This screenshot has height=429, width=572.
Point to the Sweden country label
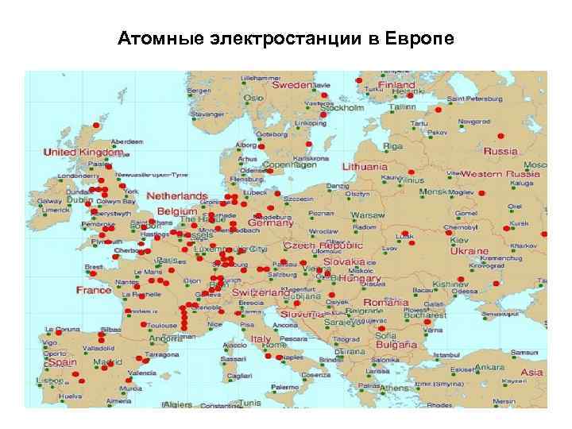(x=292, y=84)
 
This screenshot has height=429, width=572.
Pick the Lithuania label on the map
(x=365, y=167)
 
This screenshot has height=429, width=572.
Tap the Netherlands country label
(x=176, y=195)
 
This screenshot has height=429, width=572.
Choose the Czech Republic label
(x=317, y=247)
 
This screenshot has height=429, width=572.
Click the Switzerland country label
(x=261, y=292)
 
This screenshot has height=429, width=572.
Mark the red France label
(x=94, y=290)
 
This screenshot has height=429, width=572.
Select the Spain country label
(x=62, y=362)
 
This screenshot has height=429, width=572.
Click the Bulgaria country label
(x=396, y=346)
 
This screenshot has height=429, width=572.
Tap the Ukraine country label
(x=470, y=251)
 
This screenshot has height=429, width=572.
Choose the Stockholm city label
(x=344, y=108)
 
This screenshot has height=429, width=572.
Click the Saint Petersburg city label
(x=474, y=99)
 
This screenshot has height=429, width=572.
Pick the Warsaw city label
(x=368, y=215)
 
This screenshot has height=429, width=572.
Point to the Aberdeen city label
(x=127, y=141)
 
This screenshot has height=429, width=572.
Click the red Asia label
(x=531, y=372)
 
